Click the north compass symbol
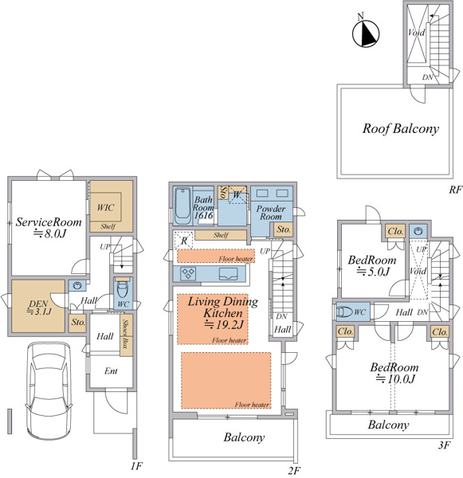pos(366,33)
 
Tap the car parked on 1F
pos(49,391)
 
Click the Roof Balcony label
pos(401,129)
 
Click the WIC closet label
pos(105,208)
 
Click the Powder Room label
pos(271,213)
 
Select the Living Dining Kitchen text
pos(223,308)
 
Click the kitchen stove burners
pos(187,273)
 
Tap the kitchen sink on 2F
pos(228,273)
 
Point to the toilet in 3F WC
pos(345,311)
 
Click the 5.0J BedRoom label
pos(372,265)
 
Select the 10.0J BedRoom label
pos(394,373)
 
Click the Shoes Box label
pos(126,334)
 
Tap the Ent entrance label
pos(111,371)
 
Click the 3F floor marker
pos(445,445)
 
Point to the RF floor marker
pos(455,190)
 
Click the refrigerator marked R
pos(183,241)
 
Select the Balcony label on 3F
pos(388,425)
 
